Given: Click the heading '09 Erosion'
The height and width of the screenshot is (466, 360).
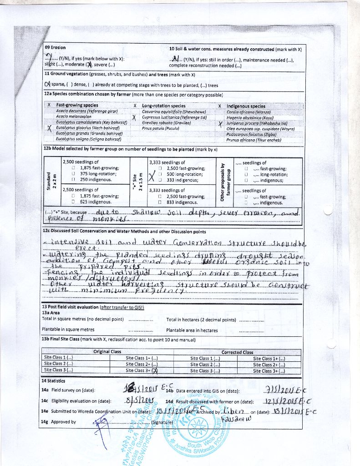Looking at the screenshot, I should (55, 47).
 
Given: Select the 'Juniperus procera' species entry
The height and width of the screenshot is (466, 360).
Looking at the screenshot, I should (257, 123).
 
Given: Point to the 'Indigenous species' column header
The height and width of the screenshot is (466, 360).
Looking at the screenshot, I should (246, 106).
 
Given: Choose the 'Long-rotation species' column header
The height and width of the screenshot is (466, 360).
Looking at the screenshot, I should (164, 106).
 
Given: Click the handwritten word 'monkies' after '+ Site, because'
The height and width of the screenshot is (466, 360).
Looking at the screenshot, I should (107, 220).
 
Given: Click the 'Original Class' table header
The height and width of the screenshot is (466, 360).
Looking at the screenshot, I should (107, 352).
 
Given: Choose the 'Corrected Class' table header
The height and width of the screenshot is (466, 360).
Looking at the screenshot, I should (237, 352).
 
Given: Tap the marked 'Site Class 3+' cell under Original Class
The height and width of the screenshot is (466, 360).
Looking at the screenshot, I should (142, 370).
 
